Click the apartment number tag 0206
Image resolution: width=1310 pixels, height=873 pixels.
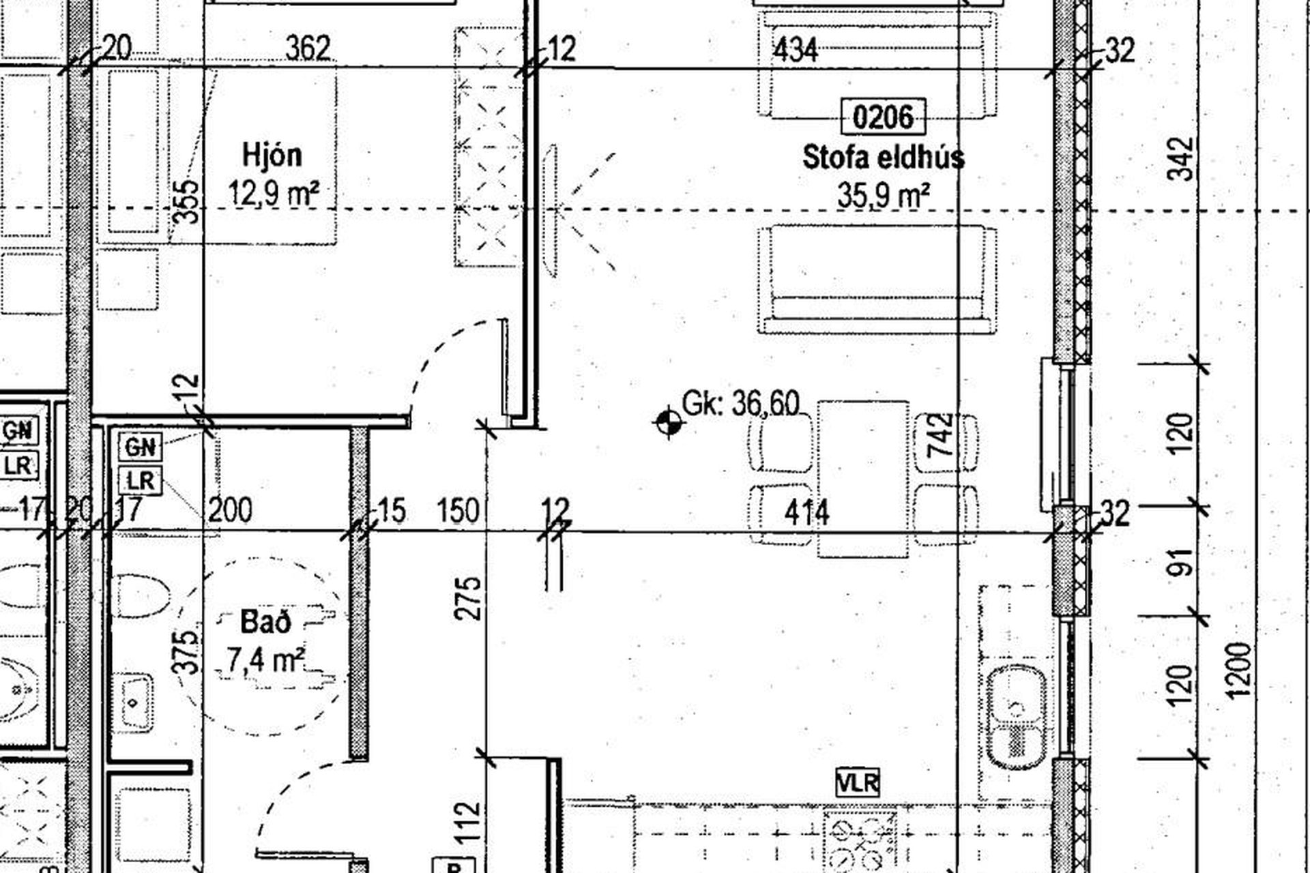coord(883,117)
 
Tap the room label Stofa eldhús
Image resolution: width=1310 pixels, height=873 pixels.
coord(884,158)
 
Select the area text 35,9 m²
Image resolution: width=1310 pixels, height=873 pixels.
coord(884,196)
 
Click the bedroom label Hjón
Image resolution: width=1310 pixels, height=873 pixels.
coord(272,156)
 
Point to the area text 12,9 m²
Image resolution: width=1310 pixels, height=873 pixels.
coord(274,193)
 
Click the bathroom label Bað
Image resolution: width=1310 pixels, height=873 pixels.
coord(266,621)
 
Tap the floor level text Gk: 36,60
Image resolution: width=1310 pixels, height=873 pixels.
coord(740,404)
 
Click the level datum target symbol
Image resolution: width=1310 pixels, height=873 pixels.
coord(668,423)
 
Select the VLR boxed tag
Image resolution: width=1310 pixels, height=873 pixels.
coord(858,782)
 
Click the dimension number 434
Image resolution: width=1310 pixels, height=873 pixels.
coord(796,50)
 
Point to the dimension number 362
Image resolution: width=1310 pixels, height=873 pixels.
coord(308,48)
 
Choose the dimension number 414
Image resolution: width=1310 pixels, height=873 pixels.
coord(807,513)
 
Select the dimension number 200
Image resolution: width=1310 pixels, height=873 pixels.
coord(230,510)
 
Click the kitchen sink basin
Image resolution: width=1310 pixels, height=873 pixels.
coord(1016,718)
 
